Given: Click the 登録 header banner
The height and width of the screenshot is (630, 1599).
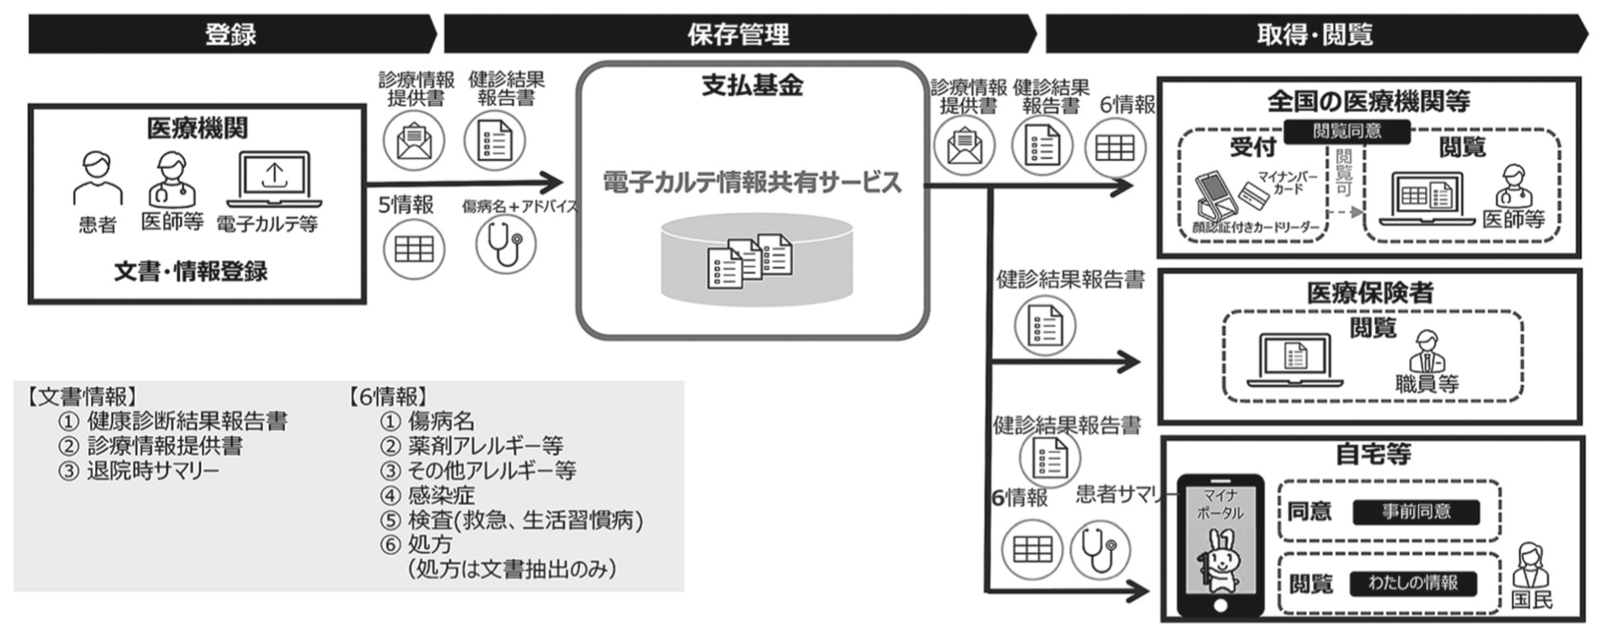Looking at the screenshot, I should coord(231,34).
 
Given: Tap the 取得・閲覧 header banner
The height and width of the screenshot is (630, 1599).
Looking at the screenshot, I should coord(1314,34).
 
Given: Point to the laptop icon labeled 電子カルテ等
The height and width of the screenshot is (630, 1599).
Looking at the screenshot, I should coord(273,179).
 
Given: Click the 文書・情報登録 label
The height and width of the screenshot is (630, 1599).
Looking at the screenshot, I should coord(191,272).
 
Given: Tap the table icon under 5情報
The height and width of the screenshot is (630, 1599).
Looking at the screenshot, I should coord(413,249).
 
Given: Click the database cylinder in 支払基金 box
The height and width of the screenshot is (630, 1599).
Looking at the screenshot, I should coord(756,259).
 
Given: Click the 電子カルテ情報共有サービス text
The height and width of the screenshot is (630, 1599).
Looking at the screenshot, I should coord(752,183).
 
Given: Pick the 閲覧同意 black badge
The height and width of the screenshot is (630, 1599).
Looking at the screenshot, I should coord(1347,131).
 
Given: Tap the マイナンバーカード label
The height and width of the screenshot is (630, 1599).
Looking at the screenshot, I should coord(1288,183).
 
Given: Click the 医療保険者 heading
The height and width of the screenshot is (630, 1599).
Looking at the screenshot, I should coord(1370,293).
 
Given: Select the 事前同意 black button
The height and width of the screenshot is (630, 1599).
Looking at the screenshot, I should coord(1416,512).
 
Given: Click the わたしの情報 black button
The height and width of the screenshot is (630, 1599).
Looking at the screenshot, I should coord(1413,583).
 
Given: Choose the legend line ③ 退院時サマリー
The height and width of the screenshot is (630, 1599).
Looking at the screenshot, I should coord(139,470).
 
